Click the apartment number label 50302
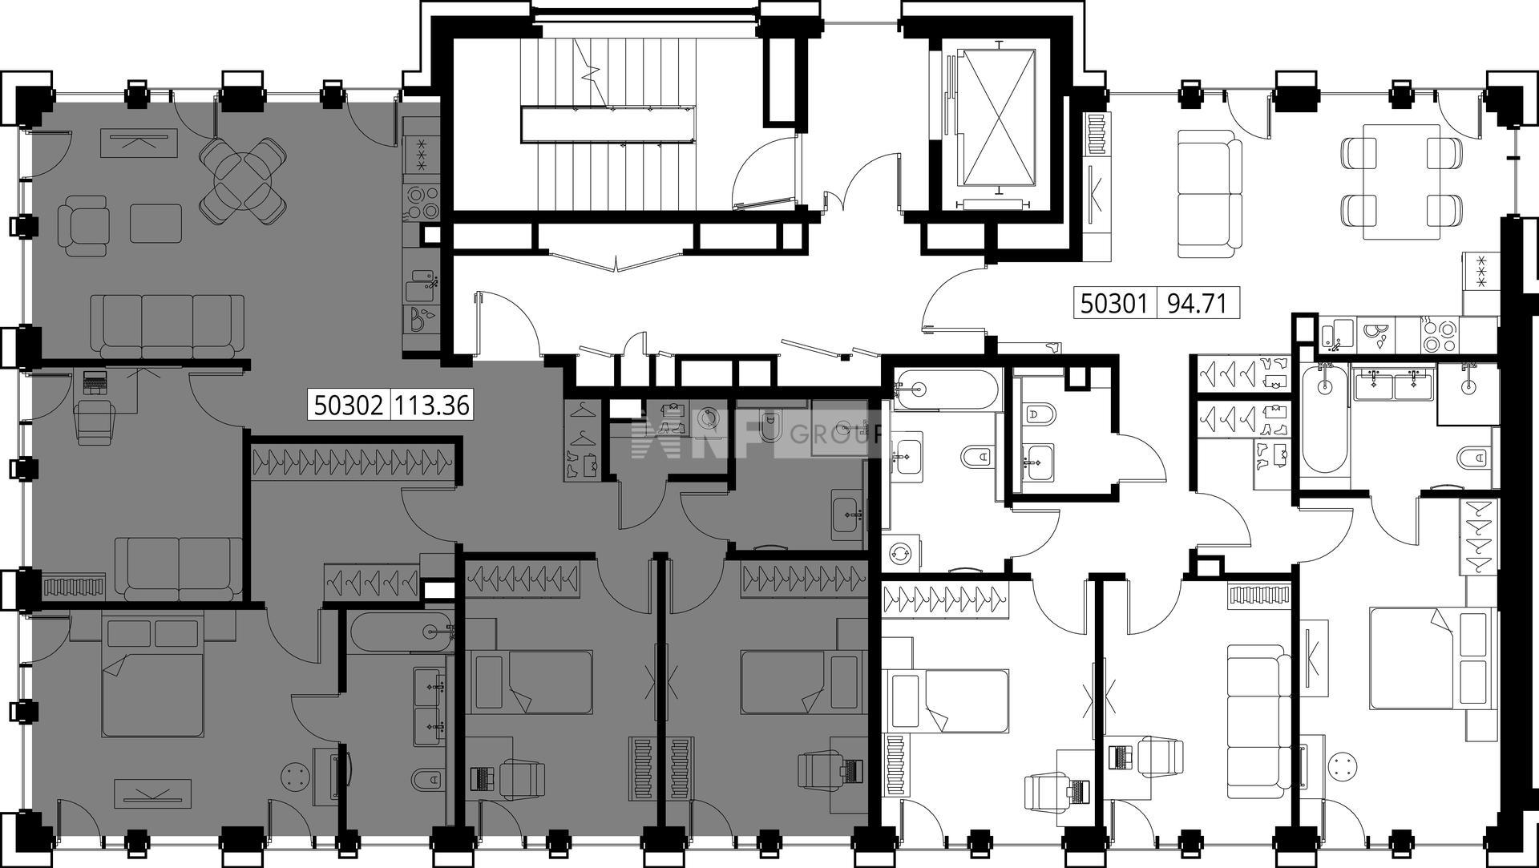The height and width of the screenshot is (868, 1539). click(348, 405)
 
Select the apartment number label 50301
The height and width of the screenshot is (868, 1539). click(1114, 304)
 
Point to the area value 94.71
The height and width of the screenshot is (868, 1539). click(1198, 304)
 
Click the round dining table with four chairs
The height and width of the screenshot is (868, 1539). click(243, 180)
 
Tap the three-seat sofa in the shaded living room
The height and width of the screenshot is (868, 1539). click(168, 325)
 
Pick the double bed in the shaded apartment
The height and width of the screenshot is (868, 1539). click(152, 673)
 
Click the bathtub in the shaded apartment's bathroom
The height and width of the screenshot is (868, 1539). click(402, 632)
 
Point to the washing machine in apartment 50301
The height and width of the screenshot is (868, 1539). click(902, 553)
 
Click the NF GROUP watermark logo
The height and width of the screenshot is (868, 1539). click(757, 434)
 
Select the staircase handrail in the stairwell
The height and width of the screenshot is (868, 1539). click(606, 125)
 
